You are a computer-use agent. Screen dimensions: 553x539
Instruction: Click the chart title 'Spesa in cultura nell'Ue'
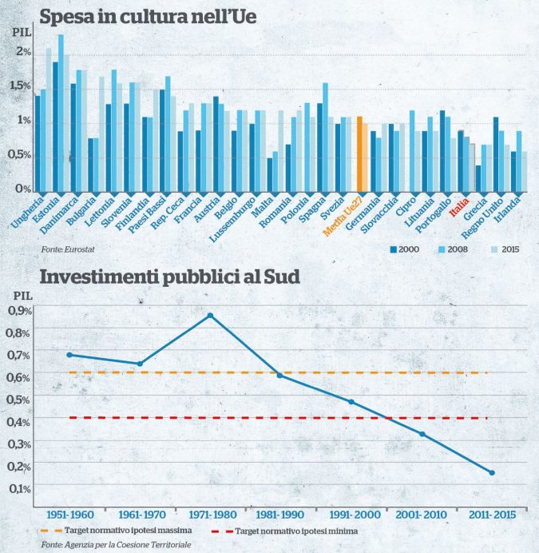tap(148, 15)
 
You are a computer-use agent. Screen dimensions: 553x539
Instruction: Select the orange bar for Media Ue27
tap(360, 153)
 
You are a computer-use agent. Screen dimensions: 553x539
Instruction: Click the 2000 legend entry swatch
tap(394, 249)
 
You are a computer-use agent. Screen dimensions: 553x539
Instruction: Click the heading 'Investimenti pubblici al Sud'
tap(170, 279)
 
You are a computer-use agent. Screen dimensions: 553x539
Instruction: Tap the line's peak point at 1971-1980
tap(210, 316)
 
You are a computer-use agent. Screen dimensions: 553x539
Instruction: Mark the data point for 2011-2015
tap(492, 472)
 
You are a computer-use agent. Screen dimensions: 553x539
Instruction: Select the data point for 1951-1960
tap(69, 354)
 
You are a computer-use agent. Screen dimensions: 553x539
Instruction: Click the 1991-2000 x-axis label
tap(351, 514)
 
